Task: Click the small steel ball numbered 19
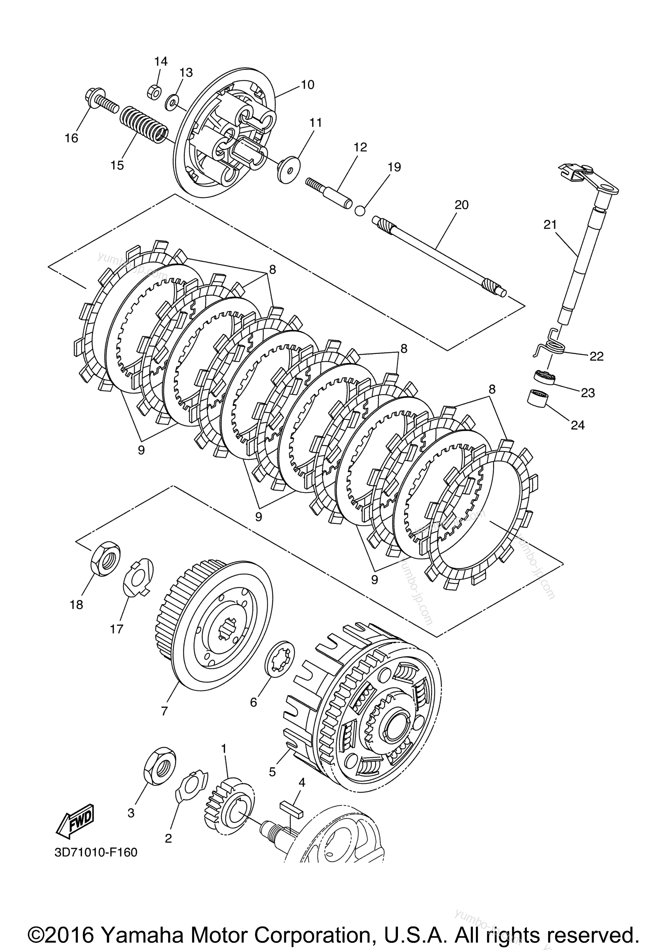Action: tap(360, 210)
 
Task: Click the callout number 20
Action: tap(461, 204)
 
